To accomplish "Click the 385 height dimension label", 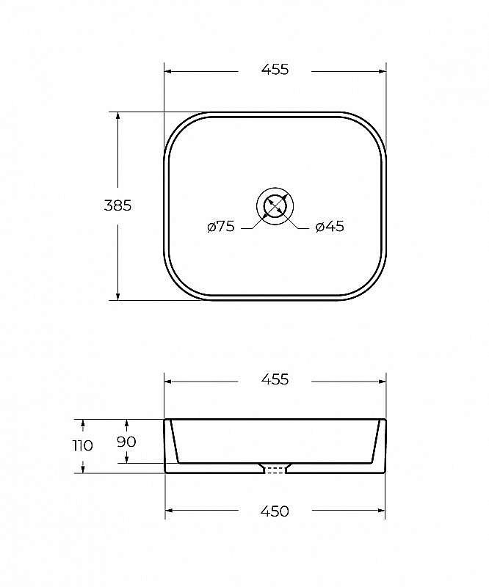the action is click(x=117, y=205).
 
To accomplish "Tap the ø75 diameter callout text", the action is click(x=221, y=226).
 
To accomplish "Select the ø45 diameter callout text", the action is click(x=330, y=226).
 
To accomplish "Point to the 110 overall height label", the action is click(x=82, y=445).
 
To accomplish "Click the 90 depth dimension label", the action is click(x=126, y=442).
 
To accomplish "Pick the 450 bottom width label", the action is click(x=275, y=511).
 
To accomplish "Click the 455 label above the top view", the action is click(x=275, y=69).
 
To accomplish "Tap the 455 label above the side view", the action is click(x=275, y=379).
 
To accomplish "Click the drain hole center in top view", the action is click(x=275, y=206).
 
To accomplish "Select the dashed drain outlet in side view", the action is click(x=275, y=470).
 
